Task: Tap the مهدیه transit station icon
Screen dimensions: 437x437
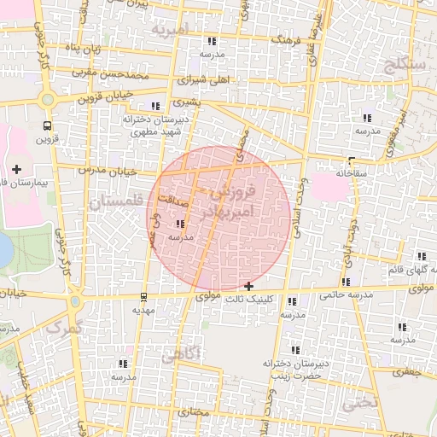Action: tap(143, 298)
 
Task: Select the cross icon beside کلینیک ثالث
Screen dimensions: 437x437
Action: tap(248, 286)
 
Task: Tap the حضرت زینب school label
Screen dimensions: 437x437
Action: tap(295, 375)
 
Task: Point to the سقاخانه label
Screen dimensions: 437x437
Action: tap(351, 172)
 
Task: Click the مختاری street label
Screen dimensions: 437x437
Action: tap(196, 412)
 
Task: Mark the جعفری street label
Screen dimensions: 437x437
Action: tap(413, 371)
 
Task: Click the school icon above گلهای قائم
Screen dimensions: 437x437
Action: tap(422, 256)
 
